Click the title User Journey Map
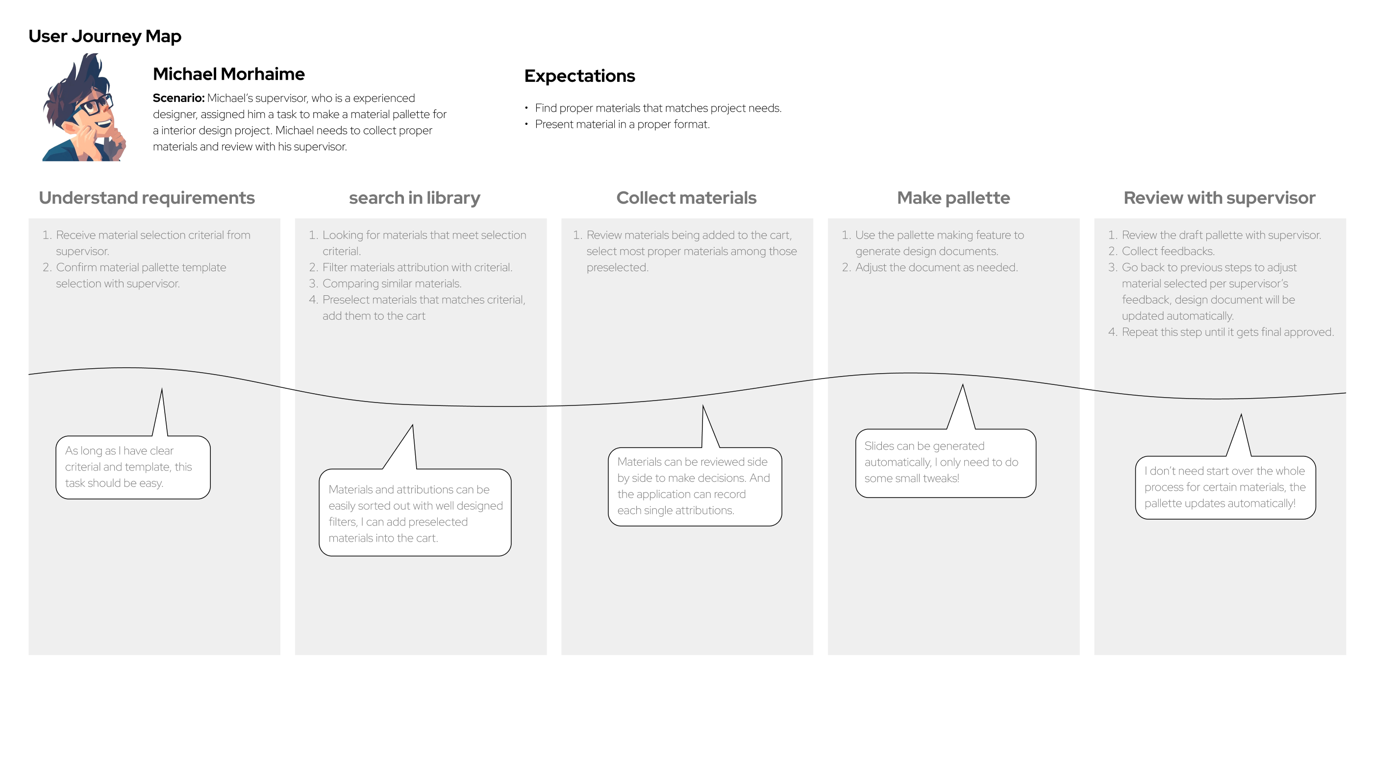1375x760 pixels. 104,36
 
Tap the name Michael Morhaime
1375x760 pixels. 228,74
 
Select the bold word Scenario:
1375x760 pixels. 178,98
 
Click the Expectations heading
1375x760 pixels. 579,76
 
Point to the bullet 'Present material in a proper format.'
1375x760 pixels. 622,124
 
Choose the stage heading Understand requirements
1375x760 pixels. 147,198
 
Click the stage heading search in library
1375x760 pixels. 414,198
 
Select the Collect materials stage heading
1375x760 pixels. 686,198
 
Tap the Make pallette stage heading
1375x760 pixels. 953,198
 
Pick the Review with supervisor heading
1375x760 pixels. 1219,198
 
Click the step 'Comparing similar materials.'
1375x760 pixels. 392,284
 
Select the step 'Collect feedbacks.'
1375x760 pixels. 1168,251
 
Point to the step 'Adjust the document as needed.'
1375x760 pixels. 936,268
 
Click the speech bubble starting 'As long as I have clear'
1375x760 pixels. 133,467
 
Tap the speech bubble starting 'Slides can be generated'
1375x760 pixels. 945,462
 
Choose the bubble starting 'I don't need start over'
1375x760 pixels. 1225,487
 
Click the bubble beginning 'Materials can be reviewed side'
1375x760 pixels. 695,486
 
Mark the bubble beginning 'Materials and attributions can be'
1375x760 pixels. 415,513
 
